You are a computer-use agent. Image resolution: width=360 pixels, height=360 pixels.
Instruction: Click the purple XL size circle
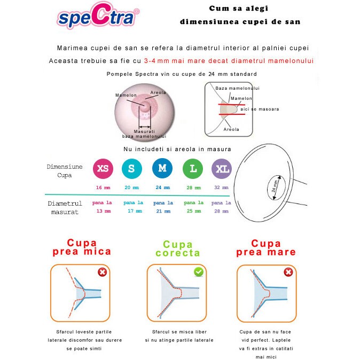tap(222, 169)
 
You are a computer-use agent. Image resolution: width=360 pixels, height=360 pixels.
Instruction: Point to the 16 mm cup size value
tap(102, 188)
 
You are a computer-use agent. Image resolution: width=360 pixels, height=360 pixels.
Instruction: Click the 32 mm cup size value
tap(221, 188)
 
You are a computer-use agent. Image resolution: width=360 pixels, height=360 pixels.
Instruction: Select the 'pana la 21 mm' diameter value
tap(163, 207)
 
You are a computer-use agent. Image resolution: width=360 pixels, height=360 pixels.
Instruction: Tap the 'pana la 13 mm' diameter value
tap(102, 207)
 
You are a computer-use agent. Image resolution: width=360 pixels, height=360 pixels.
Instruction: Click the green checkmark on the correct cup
tap(199, 272)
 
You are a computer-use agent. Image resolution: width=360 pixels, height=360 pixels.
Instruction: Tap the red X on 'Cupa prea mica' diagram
tap(102, 272)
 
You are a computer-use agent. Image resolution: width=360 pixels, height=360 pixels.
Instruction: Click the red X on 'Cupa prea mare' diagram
tap(288, 272)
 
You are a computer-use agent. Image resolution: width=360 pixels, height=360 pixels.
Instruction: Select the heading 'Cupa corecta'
tap(178, 249)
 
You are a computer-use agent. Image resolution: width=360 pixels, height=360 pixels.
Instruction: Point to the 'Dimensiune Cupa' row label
tap(65, 170)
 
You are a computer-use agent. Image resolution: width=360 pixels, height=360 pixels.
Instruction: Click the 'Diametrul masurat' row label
tap(65, 207)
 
